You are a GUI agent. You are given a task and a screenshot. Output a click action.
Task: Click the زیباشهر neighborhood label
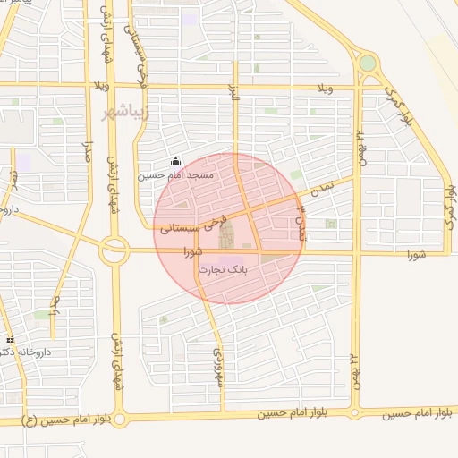pyautogui.click(x=119, y=114)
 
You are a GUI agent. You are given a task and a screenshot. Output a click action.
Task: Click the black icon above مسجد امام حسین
pyautogui.click(x=175, y=163)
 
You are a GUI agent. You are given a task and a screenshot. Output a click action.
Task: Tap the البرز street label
pyautogui.click(x=235, y=106)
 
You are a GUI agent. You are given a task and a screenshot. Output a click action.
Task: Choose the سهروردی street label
pyautogui.click(x=216, y=368)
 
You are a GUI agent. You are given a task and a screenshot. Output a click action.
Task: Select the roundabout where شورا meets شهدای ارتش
pyautogui.click(x=114, y=250)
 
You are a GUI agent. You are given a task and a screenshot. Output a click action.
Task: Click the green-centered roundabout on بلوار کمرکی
pyautogui.click(x=367, y=64)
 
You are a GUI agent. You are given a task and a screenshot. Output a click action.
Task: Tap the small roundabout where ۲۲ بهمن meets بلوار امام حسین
pyautogui.click(x=355, y=413)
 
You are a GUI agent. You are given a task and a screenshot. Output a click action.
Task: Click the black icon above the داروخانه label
pyautogui.click(x=10, y=340)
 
